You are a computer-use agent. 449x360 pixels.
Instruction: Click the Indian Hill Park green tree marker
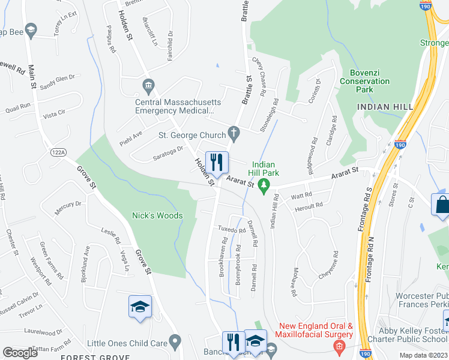[262, 187]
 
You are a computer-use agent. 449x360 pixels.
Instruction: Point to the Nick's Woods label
[157, 215]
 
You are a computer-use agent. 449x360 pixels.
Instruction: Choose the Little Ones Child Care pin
[175, 343]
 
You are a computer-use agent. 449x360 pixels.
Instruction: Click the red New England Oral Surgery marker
[339, 346]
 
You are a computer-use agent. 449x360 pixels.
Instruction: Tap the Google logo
[20, 353]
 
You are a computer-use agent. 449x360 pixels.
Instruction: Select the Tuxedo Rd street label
[232, 230]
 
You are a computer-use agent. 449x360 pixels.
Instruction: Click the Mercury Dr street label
[68, 208]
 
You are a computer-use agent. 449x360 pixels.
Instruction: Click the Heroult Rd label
[309, 206]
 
